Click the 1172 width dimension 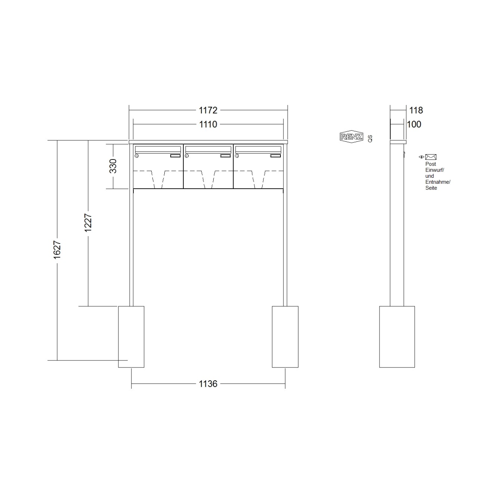208,110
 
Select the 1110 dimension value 208,124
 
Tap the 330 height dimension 113,166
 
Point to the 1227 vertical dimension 88,223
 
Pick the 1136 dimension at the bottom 208,384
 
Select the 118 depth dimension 416,110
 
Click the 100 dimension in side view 414,124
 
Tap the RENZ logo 351,137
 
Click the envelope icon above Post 431,157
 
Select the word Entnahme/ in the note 438,182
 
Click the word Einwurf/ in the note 434,170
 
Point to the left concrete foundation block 131,337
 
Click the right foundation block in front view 285,337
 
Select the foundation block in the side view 397,337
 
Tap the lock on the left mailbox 137,156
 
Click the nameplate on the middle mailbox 225,156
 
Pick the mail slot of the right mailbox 258,149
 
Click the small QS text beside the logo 370,139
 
